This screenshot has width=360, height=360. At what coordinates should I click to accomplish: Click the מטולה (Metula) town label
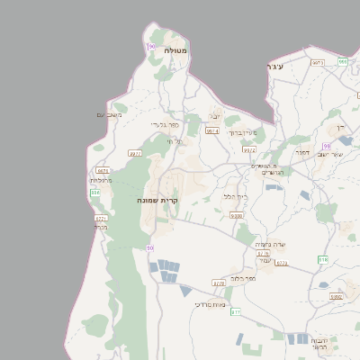175,51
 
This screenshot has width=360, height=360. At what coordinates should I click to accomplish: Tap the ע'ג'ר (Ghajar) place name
275,67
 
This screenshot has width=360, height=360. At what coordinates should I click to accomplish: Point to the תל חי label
174,141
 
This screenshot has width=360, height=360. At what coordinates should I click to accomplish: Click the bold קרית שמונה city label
157,199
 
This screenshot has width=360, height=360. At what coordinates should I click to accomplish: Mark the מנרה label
100,226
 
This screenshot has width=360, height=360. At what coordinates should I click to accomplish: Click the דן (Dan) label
340,128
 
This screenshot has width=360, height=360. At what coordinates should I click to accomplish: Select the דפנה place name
302,152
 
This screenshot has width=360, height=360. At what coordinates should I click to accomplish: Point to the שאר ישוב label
330,155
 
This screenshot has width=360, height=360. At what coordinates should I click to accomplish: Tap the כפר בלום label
243,279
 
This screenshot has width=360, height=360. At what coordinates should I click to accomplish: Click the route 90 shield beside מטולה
151,46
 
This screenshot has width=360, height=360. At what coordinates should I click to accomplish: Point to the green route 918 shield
323,259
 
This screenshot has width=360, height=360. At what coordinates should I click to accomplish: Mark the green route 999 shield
343,61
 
